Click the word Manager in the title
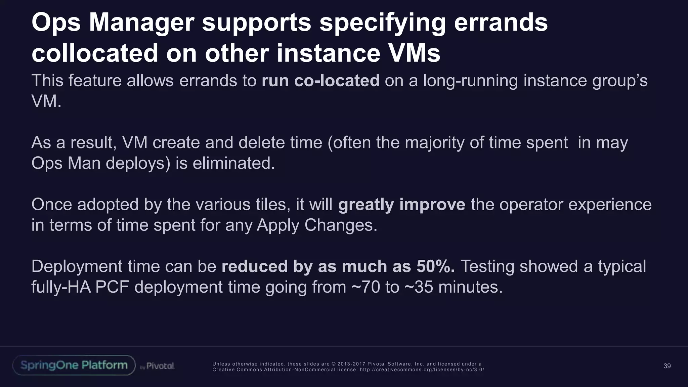(x=141, y=23)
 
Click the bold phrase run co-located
(x=320, y=81)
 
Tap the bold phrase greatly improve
(x=401, y=205)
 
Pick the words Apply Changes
(x=317, y=225)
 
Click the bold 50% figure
(x=435, y=267)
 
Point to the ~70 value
(x=365, y=287)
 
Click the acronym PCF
(x=112, y=287)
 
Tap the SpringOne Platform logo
(x=74, y=365)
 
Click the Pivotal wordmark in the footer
(x=160, y=366)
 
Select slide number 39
(x=667, y=366)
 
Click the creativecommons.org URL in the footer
(x=422, y=370)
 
